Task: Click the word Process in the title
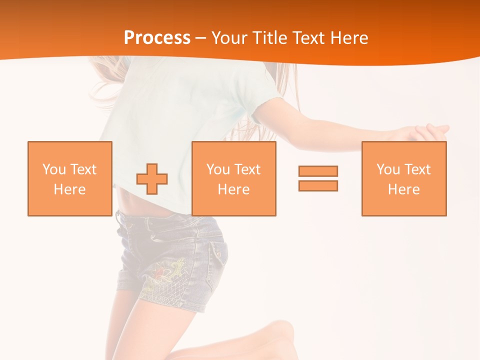pyautogui.click(x=157, y=38)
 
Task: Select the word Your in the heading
pyautogui.click(x=229, y=38)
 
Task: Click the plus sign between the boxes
pyautogui.click(x=152, y=179)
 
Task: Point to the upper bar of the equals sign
pyautogui.click(x=318, y=171)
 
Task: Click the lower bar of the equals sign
pyautogui.click(x=318, y=185)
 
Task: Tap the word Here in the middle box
pyautogui.click(x=233, y=189)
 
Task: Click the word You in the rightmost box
pyautogui.click(x=388, y=169)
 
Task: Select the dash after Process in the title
pyautogui.click(x=201, y=38)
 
